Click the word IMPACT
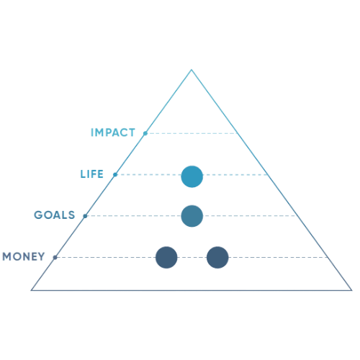pos(113,132)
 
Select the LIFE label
pos(91,174)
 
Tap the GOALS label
pos(55,215)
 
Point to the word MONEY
pos(24,256)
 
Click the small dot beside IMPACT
pos(145,133)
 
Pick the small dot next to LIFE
pos(115,174)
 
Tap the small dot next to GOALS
pos(85,216)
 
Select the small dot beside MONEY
pos(55,258)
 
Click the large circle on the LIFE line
pos(192,176)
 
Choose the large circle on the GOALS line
pos(192,216)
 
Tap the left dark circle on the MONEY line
pos(166,257)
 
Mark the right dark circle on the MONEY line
pos(217,257)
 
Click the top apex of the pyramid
pos(192,70)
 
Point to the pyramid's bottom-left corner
pos(31,290)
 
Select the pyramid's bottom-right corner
pos(352,290)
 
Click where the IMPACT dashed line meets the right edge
pos(238,133)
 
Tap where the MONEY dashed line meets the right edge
pos(328,258)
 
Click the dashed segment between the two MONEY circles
pos(192,258)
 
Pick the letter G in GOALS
pos(38,215)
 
